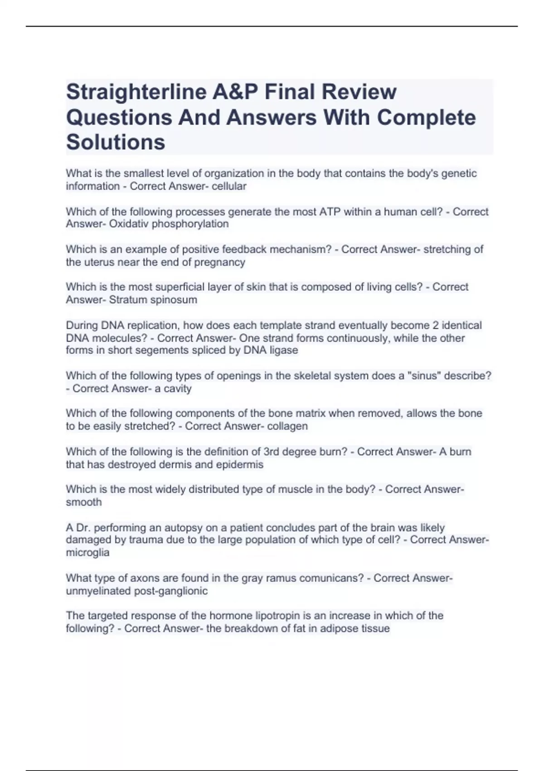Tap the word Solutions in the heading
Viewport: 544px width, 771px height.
[116, 142]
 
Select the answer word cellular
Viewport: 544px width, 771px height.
[229, 186]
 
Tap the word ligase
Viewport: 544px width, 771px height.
[283, 350]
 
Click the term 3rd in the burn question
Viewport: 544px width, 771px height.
[271, 452]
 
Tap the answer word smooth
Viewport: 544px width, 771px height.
[84, 502]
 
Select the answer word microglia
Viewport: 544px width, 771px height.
[87, 553]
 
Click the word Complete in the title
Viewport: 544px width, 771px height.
[426, 117]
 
